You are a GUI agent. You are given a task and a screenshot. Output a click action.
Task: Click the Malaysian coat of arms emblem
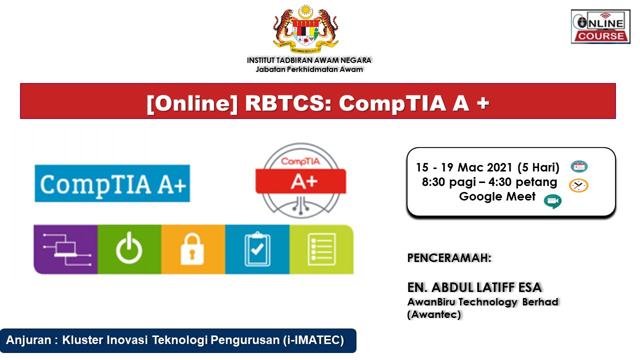click(305, 29)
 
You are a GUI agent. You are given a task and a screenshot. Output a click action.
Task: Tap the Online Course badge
click(600, 26)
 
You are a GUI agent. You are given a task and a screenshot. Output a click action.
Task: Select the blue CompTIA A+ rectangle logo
click(112, 183)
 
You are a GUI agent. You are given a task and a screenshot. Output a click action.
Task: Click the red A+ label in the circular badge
click(301, 181)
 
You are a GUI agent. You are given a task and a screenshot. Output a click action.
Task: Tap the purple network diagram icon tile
click(65, 249)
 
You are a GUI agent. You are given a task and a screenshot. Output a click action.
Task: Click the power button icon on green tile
click(129, 248)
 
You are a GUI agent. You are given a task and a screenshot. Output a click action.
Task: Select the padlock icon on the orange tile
click(192, 249)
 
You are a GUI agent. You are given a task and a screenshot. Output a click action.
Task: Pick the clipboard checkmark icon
click(257, 249)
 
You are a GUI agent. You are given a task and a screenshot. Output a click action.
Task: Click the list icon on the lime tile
click(321, 249)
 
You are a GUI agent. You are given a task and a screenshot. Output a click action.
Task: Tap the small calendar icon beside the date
click(579, 166)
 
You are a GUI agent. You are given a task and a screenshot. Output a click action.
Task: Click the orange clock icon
click(578, 185)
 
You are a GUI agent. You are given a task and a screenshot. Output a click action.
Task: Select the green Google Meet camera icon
click(553, 201)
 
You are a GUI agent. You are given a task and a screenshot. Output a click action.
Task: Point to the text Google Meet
click(497, 196)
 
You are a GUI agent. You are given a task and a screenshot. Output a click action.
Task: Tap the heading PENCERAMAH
click(449, 258)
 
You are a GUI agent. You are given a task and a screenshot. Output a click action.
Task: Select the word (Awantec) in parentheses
click(434, 314)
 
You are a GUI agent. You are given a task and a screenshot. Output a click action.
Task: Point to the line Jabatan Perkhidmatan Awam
click(309, 69)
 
